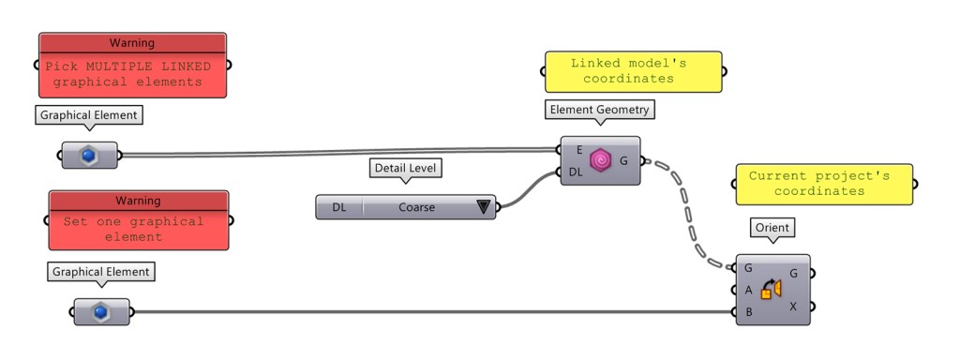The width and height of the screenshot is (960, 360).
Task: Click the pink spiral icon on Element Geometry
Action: click(600, 160)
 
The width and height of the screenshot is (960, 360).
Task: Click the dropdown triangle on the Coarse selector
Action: click(484, 207)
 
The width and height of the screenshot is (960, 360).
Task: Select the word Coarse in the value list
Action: click(416, 207)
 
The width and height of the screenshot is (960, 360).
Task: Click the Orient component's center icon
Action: click(772, 290)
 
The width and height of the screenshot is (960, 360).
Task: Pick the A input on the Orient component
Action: click(748, 290)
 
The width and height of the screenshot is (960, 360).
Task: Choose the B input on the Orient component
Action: click(748, 311)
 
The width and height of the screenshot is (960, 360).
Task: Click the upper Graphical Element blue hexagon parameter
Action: click(90, 155)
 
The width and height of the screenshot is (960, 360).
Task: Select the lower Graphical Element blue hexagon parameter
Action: click(102, 312)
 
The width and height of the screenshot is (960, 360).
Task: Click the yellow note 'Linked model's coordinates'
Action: click(635, 71)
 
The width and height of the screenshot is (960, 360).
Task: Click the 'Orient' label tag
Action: click(772, 228)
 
